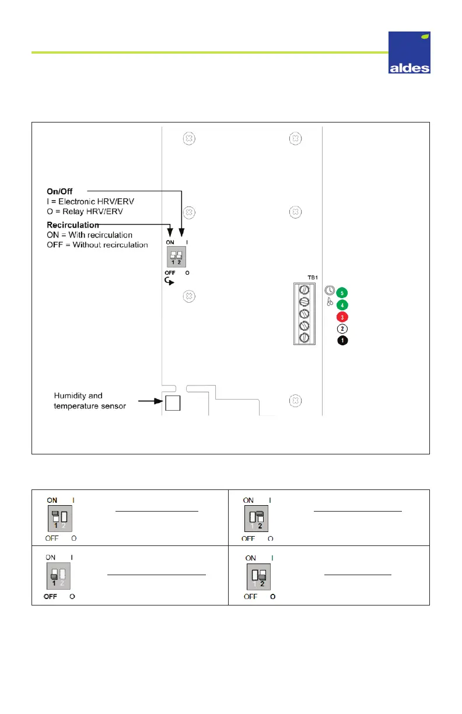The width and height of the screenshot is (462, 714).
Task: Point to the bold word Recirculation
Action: tap(72, 225)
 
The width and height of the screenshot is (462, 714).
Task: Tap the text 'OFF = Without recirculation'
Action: tap(97, 244)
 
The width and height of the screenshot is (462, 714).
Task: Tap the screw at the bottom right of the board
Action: tap(296, 401)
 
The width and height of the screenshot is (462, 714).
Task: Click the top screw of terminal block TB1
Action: tap(303, 289)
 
